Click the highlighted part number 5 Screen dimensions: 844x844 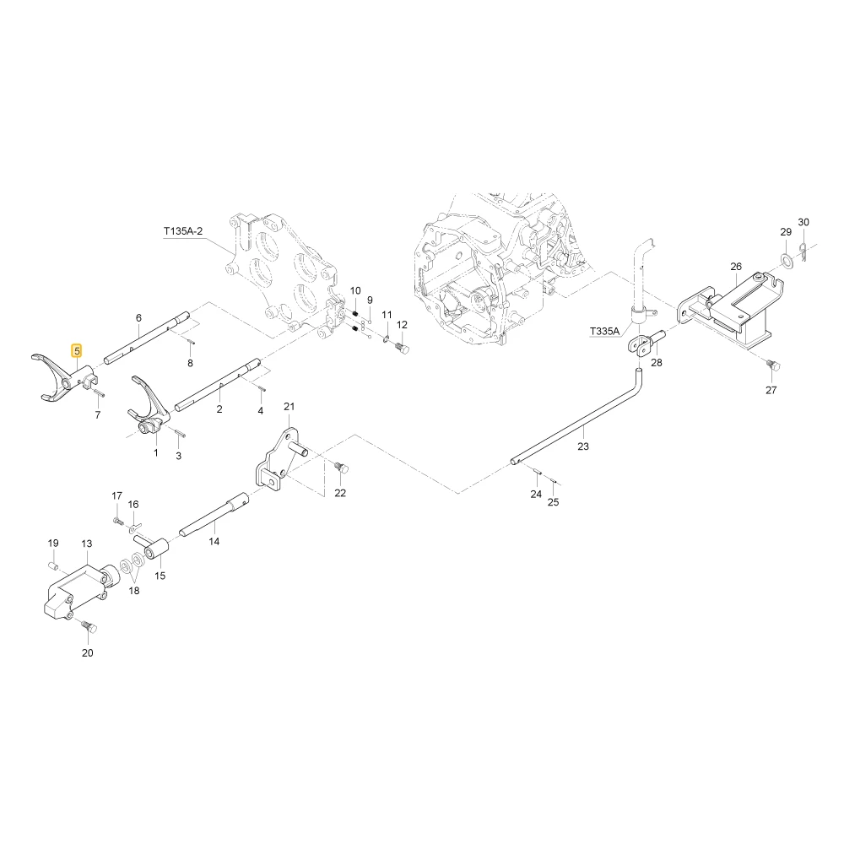pyautogui.click(x=77, y=351)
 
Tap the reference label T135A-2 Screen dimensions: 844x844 pyautogui.click(x=183, y=231)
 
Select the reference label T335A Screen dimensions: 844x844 pyautogui.click(x=604, y=331)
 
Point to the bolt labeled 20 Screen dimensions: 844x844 pyautogui.click(x=90, y=628)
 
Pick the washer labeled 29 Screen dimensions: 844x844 pyautogui.click(x=787, y=261)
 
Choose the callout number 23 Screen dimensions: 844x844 pyautogui.click(x=583, y=446)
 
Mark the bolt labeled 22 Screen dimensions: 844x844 pyautogui.click(x=341, y=468)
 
